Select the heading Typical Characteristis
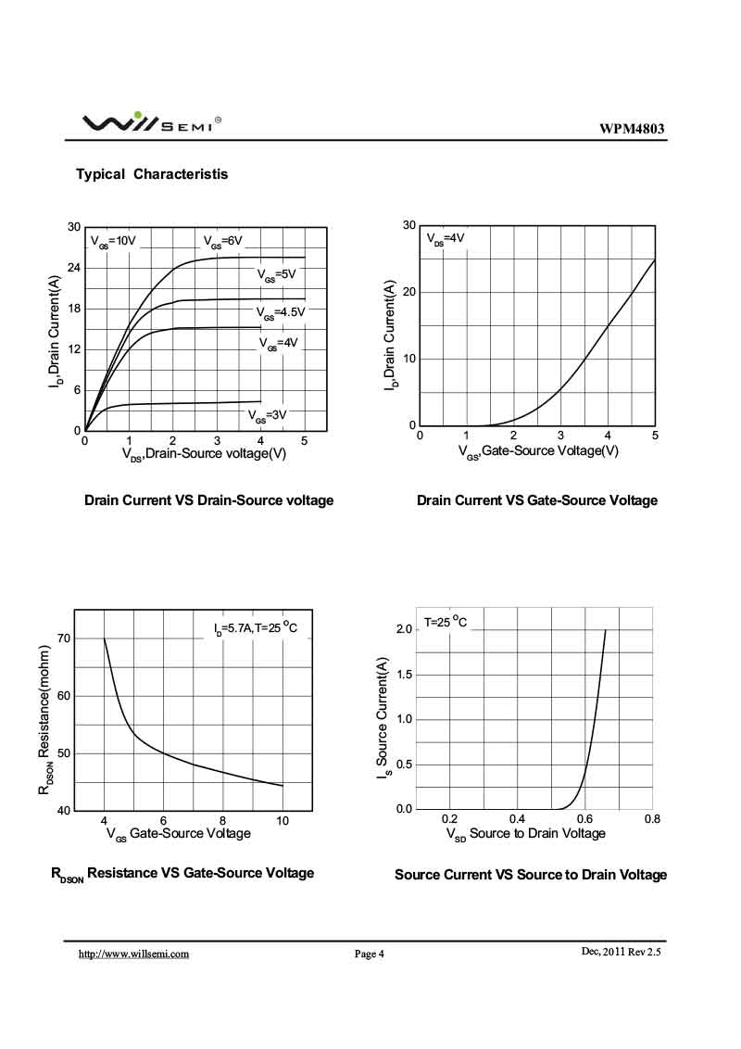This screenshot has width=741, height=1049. click(x=152, y=174)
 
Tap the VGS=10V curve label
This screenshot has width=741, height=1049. click(x=113, y=241)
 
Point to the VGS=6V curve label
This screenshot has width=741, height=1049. click(x=223, y=241)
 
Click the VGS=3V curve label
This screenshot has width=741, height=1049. click(x=267, y=414)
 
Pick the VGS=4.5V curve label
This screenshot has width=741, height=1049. click(x=279, y=312)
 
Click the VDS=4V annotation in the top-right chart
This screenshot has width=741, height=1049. click(x=446, y=238)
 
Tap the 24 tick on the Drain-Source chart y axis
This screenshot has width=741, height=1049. click(x=74, y=268)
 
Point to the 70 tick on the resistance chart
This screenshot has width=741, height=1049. click(x=63, y=638)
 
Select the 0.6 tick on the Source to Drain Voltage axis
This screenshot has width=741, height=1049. click(x=584, y=820)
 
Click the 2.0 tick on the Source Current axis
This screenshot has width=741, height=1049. click(x=405, y=630)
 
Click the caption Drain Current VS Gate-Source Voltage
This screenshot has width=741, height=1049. click(x=537, y=500)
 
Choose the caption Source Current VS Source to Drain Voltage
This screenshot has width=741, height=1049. click(x=531, y=875)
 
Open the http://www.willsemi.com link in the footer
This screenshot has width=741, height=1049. click(x=133, y=954)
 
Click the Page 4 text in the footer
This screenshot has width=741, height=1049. click(x=369, y=954)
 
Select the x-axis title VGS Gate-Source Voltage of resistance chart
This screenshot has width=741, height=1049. click(x=178, y=834)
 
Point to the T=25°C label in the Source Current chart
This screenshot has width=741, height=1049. click(x=446, y=622)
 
